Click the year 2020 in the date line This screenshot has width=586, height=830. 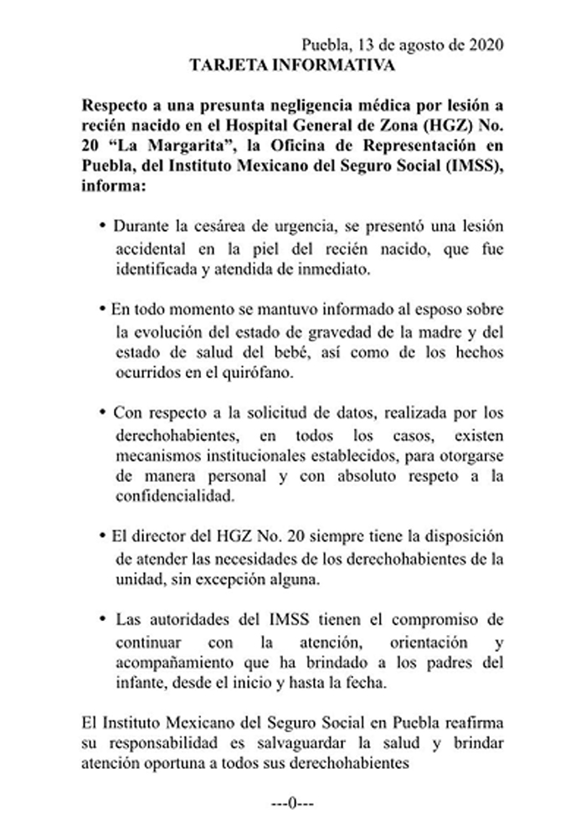pos(486,46)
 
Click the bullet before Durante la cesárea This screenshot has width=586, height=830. pos(102,227)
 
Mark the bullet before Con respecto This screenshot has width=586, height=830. pos(102,412)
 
